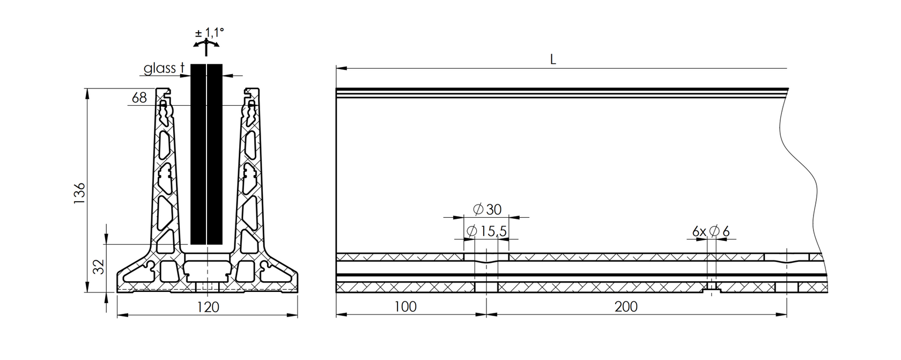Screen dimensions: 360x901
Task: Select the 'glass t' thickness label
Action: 164,68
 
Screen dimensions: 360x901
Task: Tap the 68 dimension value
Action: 139,98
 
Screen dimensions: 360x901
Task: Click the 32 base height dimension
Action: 98,267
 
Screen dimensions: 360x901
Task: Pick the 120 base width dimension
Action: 208,307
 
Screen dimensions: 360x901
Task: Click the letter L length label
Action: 553,60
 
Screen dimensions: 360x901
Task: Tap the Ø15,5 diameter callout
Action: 487,231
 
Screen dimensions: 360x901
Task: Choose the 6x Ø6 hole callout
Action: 711,232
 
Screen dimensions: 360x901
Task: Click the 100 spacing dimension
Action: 405,306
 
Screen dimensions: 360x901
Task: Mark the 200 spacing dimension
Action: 626,306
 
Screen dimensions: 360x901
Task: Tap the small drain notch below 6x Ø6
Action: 712,291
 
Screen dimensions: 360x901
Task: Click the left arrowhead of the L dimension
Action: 340,69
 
